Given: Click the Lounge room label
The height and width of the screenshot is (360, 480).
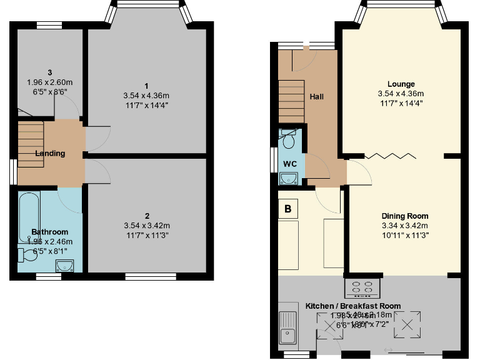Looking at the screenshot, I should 401,84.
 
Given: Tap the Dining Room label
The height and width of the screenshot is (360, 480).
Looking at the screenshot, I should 404,216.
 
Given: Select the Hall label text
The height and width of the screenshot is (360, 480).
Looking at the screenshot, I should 316,97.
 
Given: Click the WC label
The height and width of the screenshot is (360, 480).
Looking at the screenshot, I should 290,164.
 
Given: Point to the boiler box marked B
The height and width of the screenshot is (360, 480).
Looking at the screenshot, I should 287,209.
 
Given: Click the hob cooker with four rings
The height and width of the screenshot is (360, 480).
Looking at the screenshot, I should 362,288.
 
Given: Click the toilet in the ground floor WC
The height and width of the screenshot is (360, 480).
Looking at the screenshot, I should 289,139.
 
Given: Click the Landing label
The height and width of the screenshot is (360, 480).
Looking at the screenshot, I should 50,153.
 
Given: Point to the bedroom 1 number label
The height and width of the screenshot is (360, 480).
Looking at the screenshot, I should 146,86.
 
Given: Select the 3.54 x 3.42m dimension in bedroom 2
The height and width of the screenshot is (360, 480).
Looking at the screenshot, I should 146,226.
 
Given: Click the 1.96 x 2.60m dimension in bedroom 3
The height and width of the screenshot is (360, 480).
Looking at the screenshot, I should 47,82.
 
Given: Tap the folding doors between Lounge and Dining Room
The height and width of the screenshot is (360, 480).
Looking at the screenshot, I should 387,156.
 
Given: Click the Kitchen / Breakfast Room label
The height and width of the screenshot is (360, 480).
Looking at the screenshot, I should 353,306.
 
